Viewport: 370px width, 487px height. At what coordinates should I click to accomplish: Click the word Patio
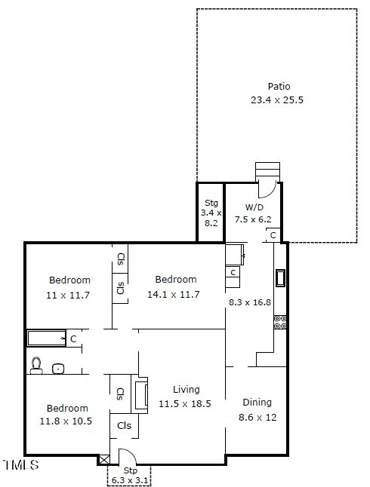[278, 87]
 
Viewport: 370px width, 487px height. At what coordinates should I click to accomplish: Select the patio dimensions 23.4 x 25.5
[278, 100]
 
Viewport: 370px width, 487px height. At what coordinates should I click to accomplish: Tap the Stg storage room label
[211, 203]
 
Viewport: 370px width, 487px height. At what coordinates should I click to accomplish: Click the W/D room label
[253, 207]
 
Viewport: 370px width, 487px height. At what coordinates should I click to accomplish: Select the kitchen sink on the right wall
[281, 278]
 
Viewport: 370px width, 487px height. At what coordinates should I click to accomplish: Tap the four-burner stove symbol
[280, 322]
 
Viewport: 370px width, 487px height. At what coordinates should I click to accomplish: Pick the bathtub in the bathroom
[46, 338]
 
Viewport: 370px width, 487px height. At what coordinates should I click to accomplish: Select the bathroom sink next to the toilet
[59, 369]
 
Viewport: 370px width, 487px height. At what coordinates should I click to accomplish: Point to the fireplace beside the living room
[140, 395]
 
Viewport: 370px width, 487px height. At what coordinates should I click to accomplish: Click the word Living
[186, 390]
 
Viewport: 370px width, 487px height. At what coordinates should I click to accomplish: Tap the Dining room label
[256, 403]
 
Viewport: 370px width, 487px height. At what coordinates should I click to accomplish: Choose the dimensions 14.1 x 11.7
[174, 294]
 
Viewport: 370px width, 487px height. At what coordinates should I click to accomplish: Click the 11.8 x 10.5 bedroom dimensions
[65, 421]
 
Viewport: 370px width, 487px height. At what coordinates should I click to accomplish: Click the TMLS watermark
[20, 465]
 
